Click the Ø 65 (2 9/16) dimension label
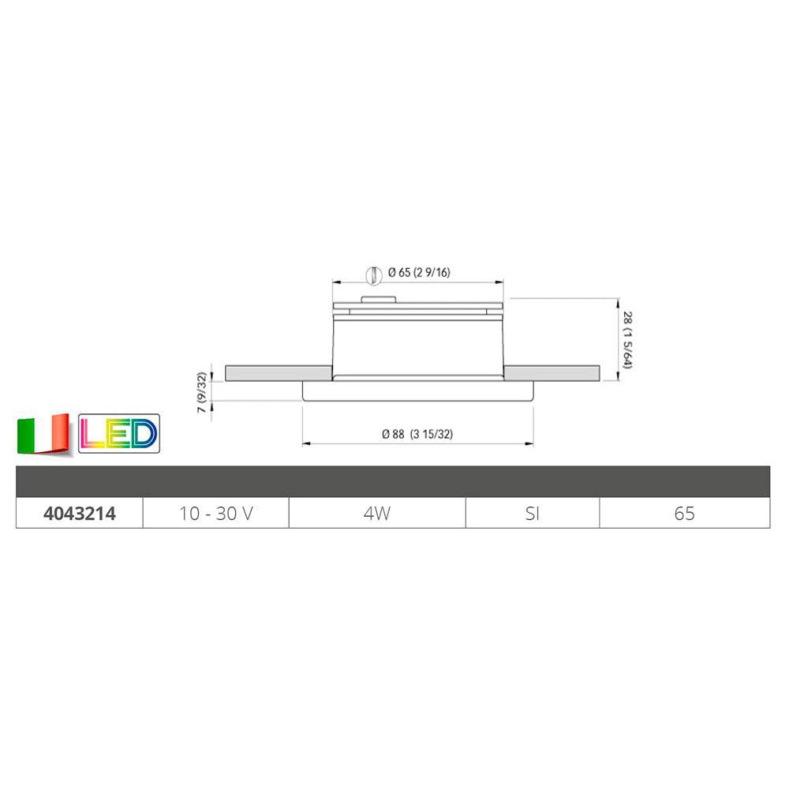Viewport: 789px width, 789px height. (x=419, y=273)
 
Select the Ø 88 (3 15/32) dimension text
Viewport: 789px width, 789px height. (x=416, y=434)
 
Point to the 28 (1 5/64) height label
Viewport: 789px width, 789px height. (x=627, y=339)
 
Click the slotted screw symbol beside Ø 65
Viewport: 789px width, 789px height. (x=368, y=274)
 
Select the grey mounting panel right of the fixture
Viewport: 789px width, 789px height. (x=552, y=372)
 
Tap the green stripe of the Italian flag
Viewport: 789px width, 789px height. (x=26, y=434)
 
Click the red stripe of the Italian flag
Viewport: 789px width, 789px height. (x=60, y=434)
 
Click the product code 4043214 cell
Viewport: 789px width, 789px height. (x=79, y=514)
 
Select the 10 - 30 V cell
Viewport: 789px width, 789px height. (x=215, y=514)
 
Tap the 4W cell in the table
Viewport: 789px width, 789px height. (x=377, y=514)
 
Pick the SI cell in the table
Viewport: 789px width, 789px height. (x=533, y=514)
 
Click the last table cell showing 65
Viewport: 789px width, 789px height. (x=684, y=514)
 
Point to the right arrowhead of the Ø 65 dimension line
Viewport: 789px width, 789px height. (x=502, y=282)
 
